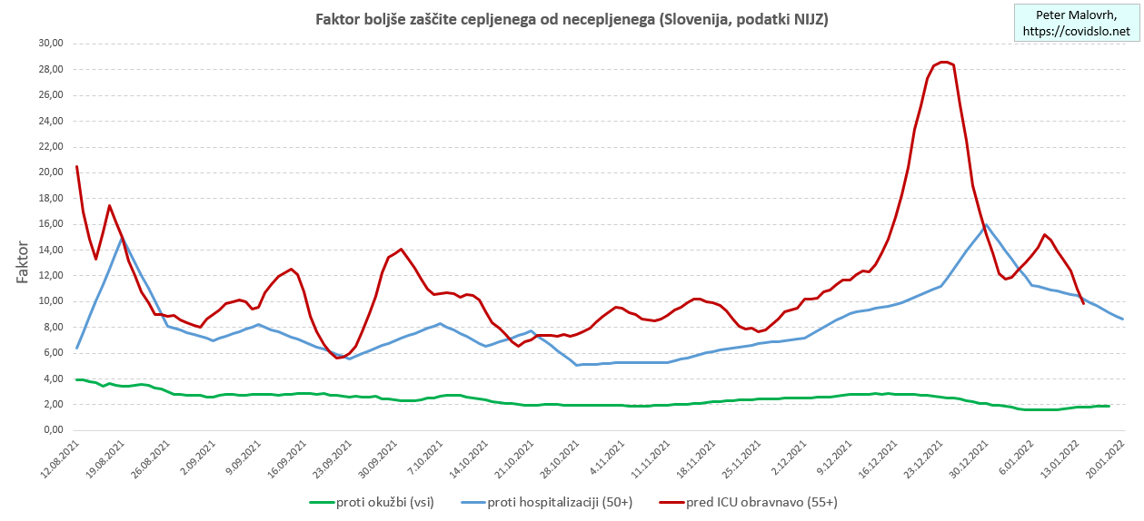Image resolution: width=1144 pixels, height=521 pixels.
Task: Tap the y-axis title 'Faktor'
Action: [x=24, y=261]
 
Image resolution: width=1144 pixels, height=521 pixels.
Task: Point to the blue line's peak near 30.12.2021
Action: [x=986, y=224]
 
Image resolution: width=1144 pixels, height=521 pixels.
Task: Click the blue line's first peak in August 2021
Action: [x=123, y=239]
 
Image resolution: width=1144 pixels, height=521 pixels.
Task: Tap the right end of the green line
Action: [x=1109, y=406]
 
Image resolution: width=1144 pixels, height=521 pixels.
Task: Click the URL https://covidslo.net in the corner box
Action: [x=1077, y=31]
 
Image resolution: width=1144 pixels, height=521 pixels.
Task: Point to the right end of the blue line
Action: [x=1123, y=319]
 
